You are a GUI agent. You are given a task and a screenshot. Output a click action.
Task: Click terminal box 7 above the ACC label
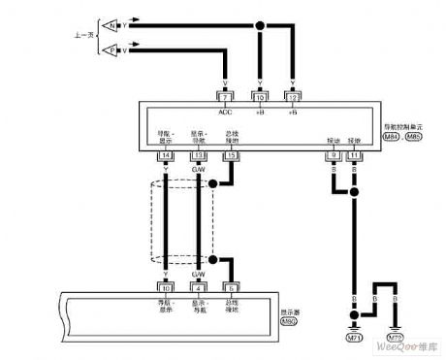(x=225, y=97)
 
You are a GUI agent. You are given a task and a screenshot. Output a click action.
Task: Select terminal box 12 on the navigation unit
(x=294, y=97)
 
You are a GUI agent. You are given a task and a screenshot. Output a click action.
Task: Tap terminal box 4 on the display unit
(x=199, y=286)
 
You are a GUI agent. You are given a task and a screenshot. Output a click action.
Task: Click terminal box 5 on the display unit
(x=231, y=286)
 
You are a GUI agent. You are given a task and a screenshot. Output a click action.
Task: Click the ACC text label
(x=225, y=110)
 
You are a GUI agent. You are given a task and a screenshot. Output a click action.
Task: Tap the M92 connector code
(x=274, y=323)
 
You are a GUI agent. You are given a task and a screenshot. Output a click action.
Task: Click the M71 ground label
(x=354, y=338)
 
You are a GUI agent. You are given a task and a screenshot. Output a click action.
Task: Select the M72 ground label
(x=395, y=338)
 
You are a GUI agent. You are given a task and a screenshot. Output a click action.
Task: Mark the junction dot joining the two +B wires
(x=259, y=26)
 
